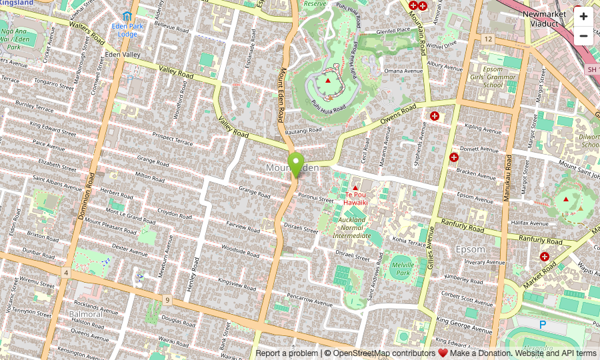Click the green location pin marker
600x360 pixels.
click(x=296, y=164)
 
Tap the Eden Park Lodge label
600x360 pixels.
click(x=127, y=30)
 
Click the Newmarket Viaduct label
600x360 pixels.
click(x=544, y=18)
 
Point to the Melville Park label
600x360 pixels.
click(x=402, y=269)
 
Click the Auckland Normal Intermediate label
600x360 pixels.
click(x=351, y=227)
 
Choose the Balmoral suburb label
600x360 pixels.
click(x=85, y=314)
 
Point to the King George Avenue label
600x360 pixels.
click(x=464, y=324)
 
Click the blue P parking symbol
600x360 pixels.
click(x=543, y=325)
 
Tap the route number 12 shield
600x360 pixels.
click(x=488, y=39)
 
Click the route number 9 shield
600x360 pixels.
click(x=167, y=300)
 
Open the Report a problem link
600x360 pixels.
click(x=286, y=353)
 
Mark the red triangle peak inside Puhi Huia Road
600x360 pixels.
click(x=327, y=81)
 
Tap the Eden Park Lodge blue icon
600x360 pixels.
click(x=127, y=16)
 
